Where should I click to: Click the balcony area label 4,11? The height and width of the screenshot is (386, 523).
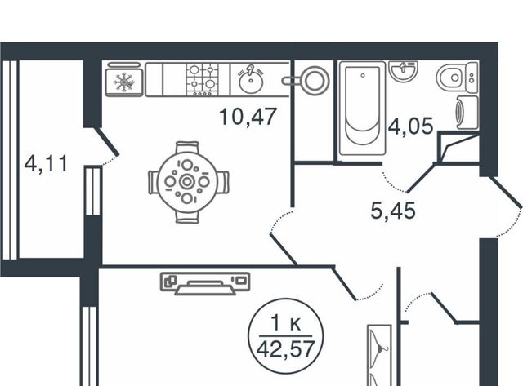(46, 163)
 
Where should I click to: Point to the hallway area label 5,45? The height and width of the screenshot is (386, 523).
(393, 211)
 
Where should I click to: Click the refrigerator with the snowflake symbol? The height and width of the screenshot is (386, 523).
(124, 80)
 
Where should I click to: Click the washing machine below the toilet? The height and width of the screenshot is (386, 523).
(466, 113)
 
